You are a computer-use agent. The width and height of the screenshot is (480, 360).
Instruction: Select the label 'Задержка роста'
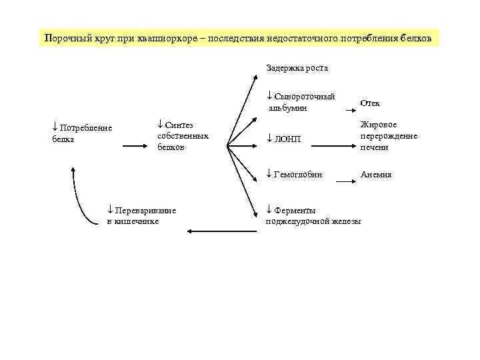coord(297,68)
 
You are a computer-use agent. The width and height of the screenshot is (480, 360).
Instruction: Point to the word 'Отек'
coord(370,103)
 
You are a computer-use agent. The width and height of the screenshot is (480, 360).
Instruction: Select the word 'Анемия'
coord(376,175)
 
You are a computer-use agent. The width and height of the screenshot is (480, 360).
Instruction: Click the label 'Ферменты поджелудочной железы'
coord(313,216)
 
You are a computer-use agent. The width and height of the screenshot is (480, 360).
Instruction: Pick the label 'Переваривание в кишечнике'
coord(141,216)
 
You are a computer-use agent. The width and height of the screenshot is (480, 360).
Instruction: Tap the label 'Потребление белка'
coord(81,133)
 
